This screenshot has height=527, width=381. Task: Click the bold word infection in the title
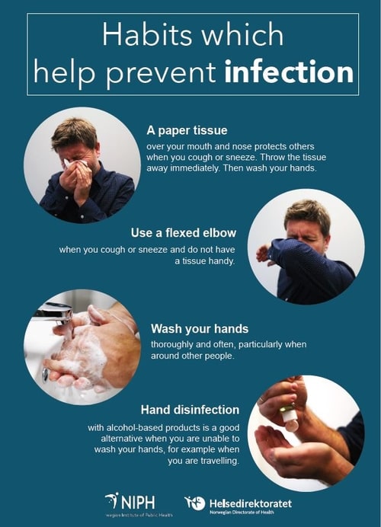pos(289,72)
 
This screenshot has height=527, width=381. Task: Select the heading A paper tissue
pos(187,130)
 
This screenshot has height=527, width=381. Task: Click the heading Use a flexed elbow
pos(184,233)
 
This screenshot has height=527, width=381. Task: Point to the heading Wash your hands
pos(200,329)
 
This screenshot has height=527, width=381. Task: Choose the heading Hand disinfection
pos(190,410)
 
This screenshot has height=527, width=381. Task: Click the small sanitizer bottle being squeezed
pos(290,419)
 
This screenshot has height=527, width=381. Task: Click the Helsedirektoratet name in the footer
pos(251,503)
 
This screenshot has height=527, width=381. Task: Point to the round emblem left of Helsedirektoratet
pos(195,503)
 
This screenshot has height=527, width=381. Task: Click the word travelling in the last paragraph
pos(219,461)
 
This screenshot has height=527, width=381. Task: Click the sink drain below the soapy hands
pos(46,375)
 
